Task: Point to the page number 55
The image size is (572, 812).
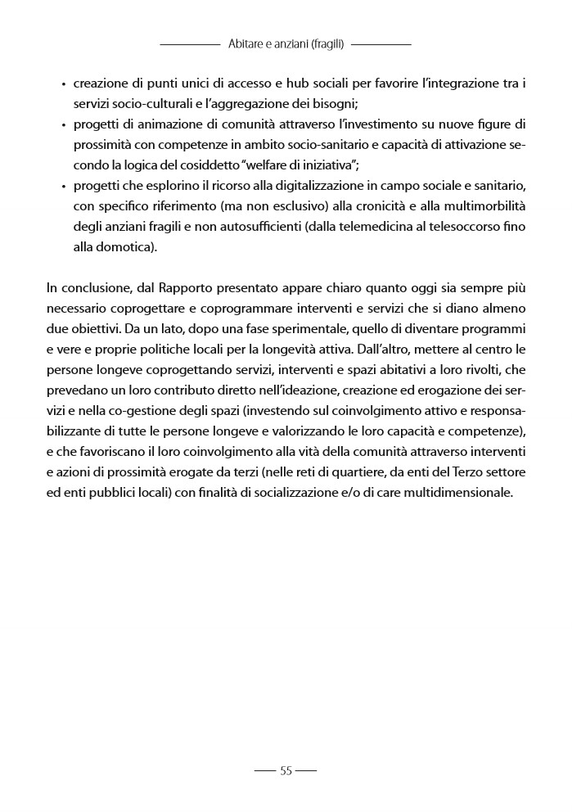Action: [286, 770]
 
